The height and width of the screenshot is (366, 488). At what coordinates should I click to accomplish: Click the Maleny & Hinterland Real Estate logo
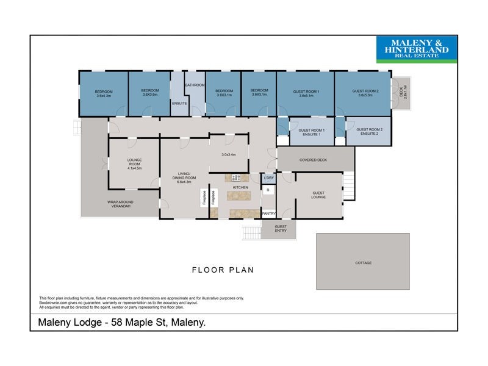[x=417, y=49]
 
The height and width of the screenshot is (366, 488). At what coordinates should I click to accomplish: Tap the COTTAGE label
[x=363, y=263]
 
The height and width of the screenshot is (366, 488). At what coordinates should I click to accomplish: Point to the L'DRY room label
[x=268, y=178]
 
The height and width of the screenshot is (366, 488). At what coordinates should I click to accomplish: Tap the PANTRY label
[x=268, y=213]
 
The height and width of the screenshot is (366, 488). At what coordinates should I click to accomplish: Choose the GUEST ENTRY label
[x=280, y=228]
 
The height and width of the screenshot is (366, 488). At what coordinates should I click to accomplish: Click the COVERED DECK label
[x=314, y=160]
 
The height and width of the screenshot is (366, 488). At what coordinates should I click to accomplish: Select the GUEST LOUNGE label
[x=318, y=195]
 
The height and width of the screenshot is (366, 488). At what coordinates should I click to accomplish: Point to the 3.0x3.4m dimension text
[x=229, y=154]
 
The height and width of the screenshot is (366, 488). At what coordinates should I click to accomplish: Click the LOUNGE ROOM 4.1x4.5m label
[x=134, y=165]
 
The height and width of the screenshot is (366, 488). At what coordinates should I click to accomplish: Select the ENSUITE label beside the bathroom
[x=179, y=103]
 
